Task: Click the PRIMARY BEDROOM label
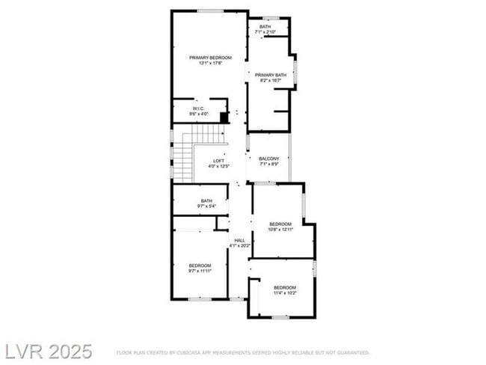[x=209, y=58]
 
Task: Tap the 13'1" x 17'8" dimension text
[x=209, y=64]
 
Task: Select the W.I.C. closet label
[x=198, y=108]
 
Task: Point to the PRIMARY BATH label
[x=270, y=75]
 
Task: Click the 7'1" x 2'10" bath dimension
[x=265, y=32]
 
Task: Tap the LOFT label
[x=218, y=160]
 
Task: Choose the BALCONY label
[x=268, y=159]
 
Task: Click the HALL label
[x=239, y=240]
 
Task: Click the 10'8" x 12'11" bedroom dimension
[x=280, y=229]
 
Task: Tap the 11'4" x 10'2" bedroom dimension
[x=284, y=293]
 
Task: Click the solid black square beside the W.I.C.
[x=224, y=117]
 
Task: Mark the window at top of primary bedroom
[x=209, y=10]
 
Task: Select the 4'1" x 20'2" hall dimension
[x=239, y=245]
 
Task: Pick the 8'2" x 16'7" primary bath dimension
[x=270, y=81]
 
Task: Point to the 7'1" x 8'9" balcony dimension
[x=268, y=164]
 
